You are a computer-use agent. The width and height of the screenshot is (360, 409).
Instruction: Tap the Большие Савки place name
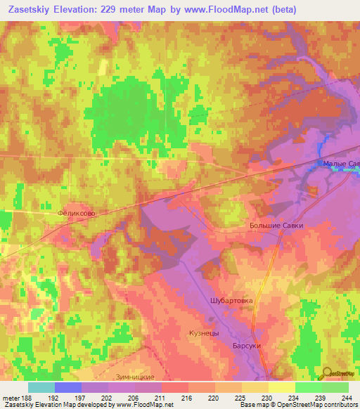point(278,226)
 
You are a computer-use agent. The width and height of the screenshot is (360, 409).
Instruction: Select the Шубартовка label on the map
point(231,300)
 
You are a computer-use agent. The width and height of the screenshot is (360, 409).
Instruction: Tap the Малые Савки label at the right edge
point(340,164)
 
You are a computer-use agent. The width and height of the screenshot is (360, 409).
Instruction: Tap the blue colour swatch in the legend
point(68,387)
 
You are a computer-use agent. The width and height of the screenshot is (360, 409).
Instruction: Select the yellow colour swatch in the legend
point(282,387)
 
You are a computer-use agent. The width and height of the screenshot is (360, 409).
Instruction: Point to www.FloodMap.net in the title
point(224,10)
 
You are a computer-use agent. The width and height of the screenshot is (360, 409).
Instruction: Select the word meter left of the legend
point(12,397)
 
